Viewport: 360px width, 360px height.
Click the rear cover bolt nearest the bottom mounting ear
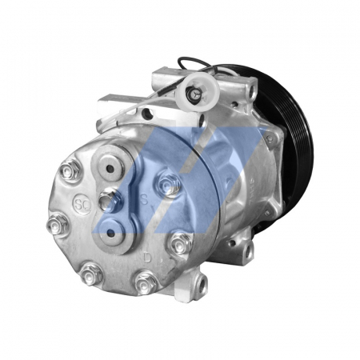(x=181, y=242)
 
